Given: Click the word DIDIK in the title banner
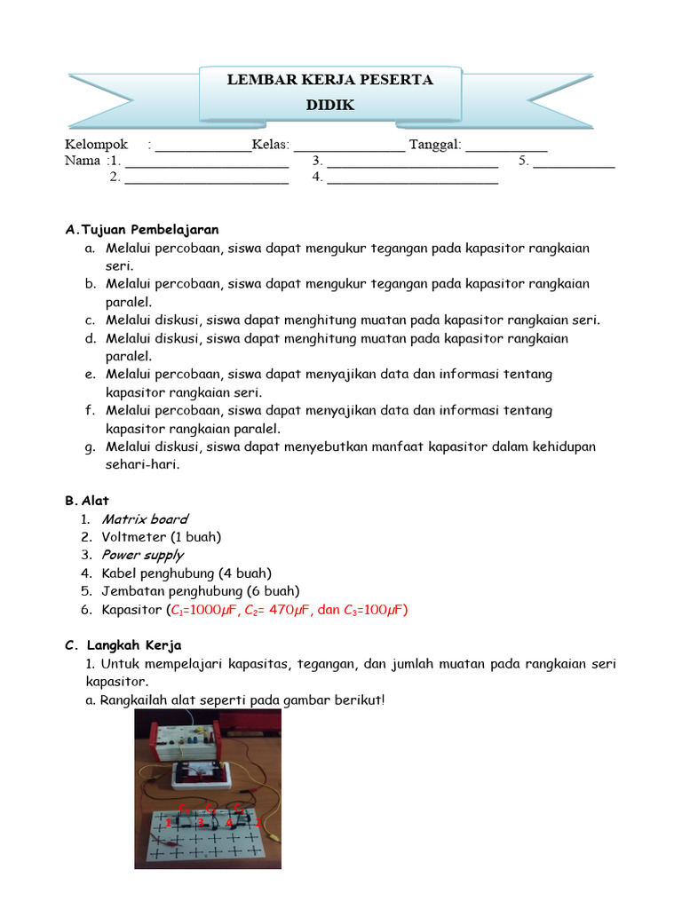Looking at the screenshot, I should tap(329, 105).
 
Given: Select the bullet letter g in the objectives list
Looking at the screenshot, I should tap(90, 447).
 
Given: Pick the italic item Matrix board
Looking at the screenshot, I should tap(145, 518).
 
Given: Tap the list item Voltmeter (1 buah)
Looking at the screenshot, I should tap(162, 537).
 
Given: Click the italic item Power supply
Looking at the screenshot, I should tap(142, 555).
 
